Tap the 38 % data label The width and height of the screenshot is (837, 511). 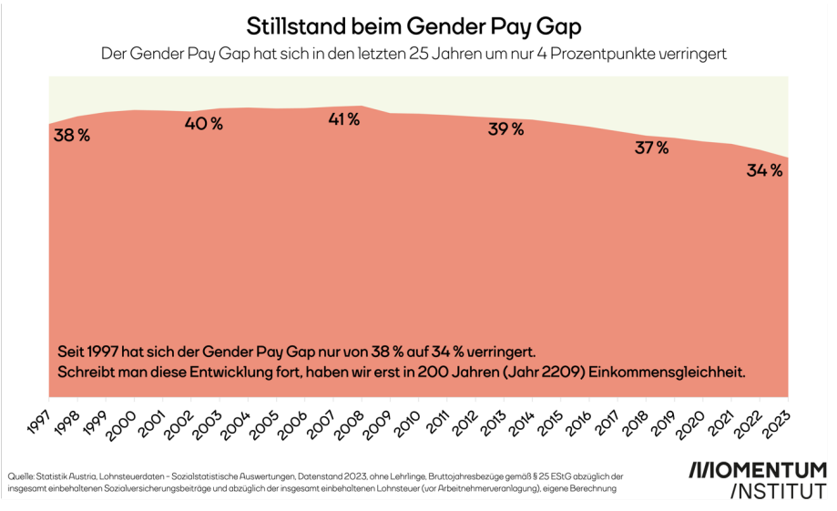72,136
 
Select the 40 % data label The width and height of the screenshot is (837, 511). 203,124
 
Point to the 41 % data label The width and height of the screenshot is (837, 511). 344,119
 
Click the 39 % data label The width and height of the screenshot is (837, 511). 505,129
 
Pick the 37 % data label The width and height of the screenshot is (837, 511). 651,148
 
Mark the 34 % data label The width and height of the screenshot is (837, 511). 764,170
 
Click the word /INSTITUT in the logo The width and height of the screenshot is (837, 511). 779,492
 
